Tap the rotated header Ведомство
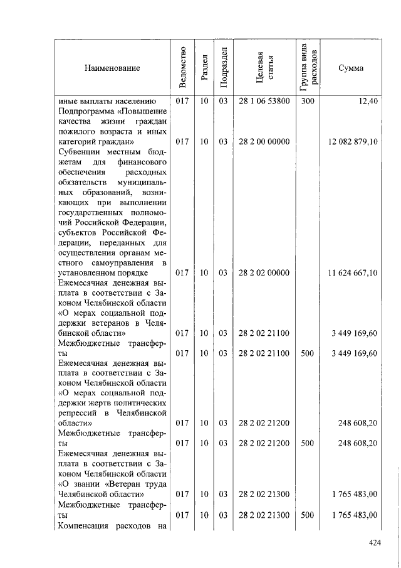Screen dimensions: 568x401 (182, 67)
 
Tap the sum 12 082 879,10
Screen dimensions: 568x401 (353, 142)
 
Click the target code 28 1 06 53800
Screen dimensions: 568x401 (264, 101)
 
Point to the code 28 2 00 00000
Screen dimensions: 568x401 (264, 142)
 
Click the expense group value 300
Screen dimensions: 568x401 (307, 101)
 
